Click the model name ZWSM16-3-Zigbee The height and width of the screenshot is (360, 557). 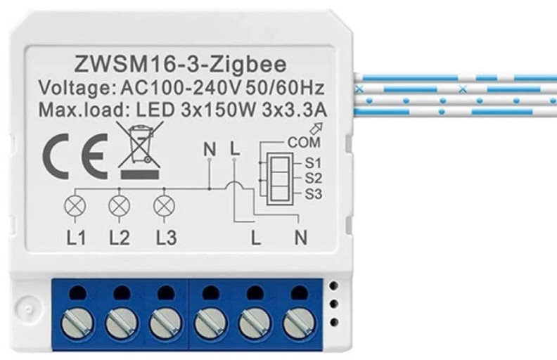coord(181,65)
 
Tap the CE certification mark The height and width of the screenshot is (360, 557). coord(75,157)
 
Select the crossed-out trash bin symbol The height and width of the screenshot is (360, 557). coord(140,150)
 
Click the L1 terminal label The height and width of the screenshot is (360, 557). coord(76,238)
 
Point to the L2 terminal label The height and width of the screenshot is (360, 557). coord(120,238)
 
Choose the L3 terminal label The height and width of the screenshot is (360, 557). coord(166,238)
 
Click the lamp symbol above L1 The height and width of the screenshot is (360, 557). coord(75,206)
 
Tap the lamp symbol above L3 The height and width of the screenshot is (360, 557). coord(164,206)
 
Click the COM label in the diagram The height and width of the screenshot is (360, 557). coord(304,142)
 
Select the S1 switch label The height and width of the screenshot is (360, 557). coord(313,163)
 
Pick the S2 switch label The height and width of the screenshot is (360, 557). coord(313,178)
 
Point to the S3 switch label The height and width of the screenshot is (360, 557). coord(313,194)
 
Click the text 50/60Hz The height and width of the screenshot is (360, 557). coord(285,88)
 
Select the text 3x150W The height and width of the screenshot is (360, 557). coord(218,110)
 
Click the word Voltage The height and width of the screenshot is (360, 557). coord(75,89)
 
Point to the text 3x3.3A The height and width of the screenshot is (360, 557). coord(294,110)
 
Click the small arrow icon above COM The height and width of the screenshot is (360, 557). coord(317,128)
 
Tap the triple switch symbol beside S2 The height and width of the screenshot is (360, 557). coord(280,179)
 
